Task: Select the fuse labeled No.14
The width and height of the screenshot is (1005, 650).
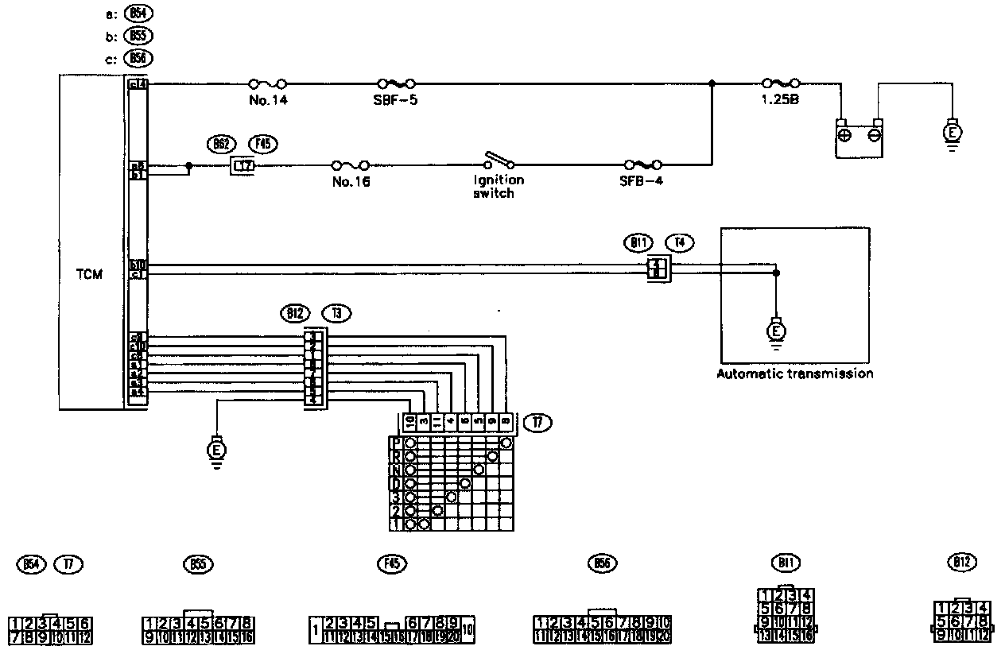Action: tap(267, 83)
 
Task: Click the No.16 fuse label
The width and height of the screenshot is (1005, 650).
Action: tap(351, 182)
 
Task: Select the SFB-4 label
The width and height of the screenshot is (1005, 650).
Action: tap(641, 182)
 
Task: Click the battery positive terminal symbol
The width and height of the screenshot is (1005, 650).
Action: tap(844, 135)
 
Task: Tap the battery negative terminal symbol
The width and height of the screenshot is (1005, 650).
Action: tap(875, 135)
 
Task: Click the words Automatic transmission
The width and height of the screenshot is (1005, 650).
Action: tap(795, 373)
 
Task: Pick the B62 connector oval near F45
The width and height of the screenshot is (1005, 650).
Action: tap(221, 144)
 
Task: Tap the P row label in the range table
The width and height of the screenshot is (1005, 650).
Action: tap(394, 443)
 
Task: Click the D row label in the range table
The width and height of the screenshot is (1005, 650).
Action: tap(394, 483)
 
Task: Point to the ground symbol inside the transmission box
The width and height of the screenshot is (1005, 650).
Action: tap(777, 330)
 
